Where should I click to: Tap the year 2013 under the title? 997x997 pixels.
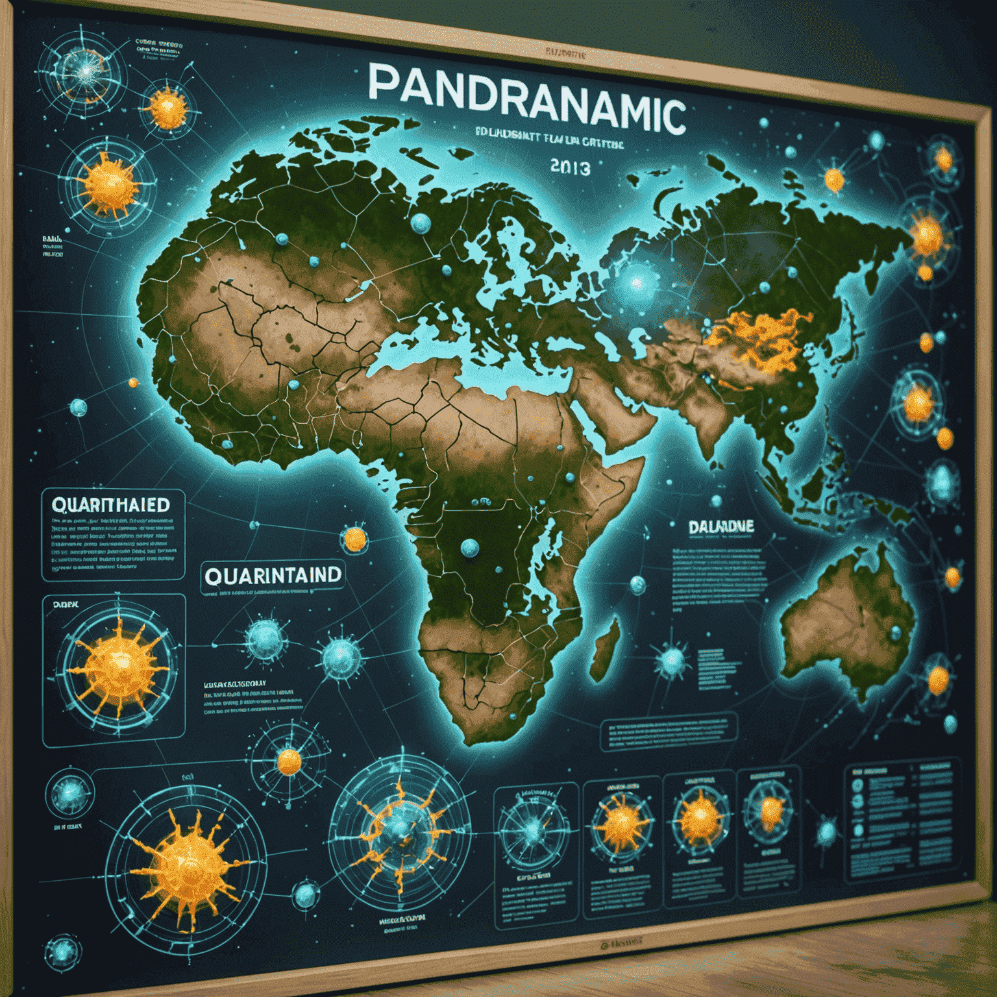pyautogui.click(x=570, y=167)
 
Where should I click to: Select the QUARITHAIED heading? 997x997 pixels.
pyautogui.click(x=110, y=505)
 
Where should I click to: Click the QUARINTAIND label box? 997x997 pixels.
pyautogui.click(x=273, y=575)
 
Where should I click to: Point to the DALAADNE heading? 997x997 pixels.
pyautogui.click(x=721, y=526)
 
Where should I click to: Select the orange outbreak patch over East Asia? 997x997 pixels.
pyautogui.click(x=759, y=338)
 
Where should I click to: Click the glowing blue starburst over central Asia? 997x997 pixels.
pyautogui.click(x=637, y=283)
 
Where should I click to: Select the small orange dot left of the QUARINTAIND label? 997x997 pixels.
pyautogui.click(x=355, y=538)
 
